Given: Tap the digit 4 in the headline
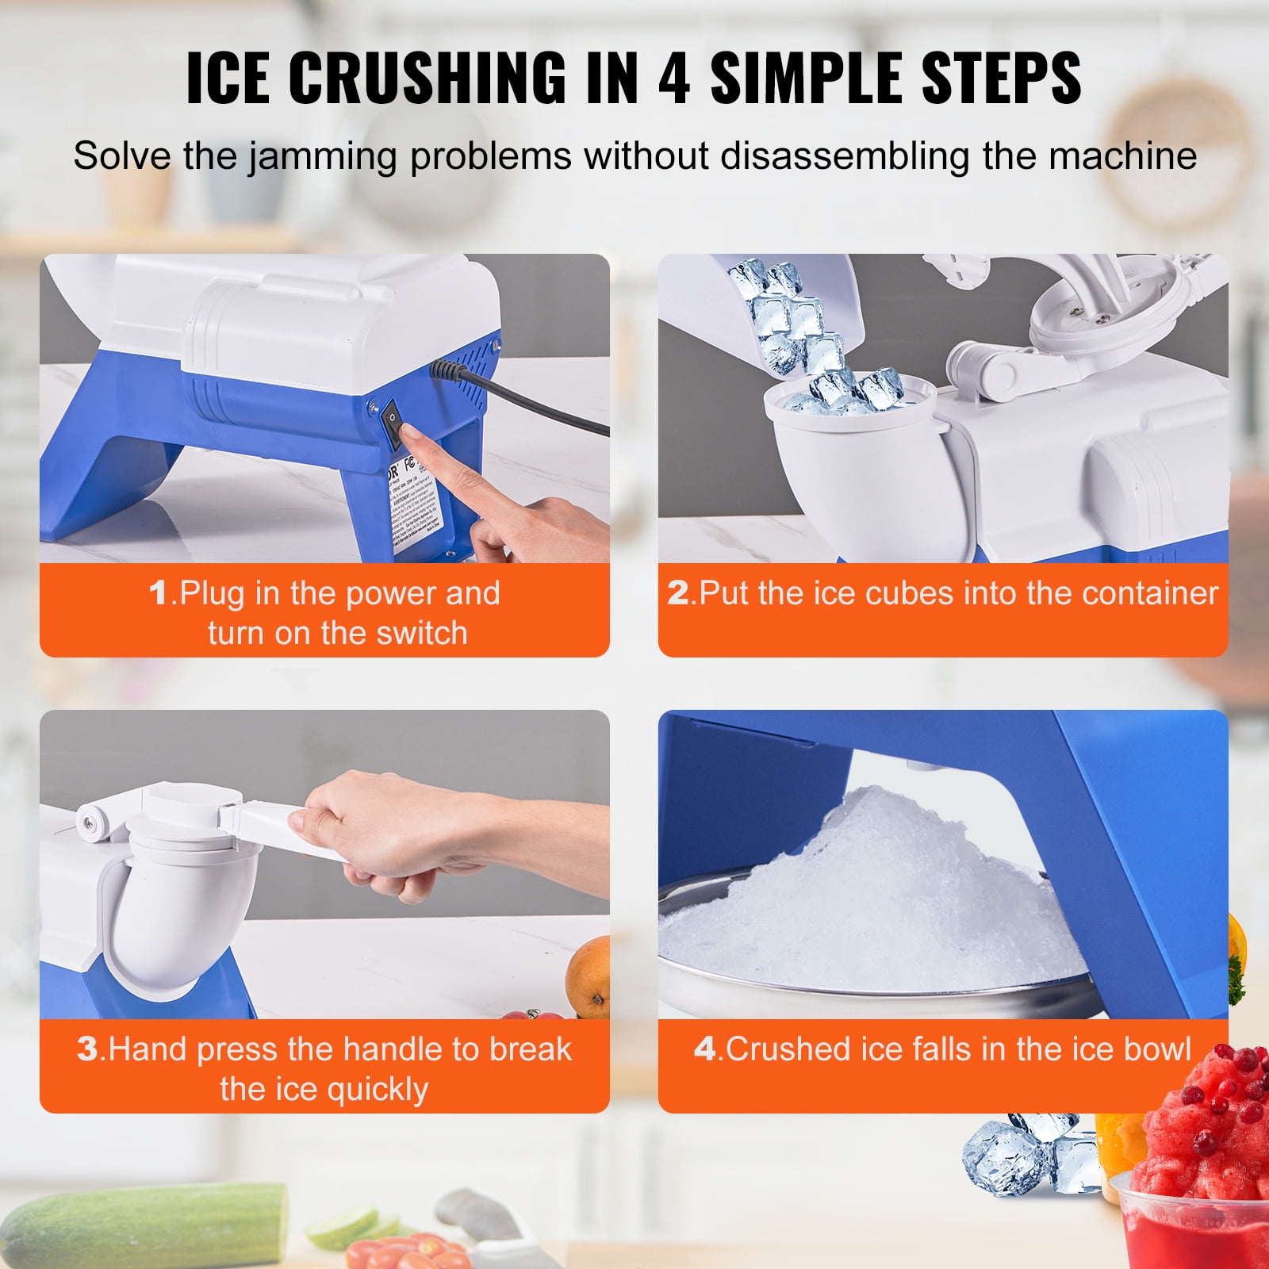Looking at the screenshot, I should click(x=673, y=77).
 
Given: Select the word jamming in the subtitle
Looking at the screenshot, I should click(x=321, y=155).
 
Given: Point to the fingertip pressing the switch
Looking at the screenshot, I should click(x=408, y=433).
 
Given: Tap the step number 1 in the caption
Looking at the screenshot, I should click(x=159, y=593).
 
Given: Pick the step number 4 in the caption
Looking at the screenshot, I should click(x=704, y=1049).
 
